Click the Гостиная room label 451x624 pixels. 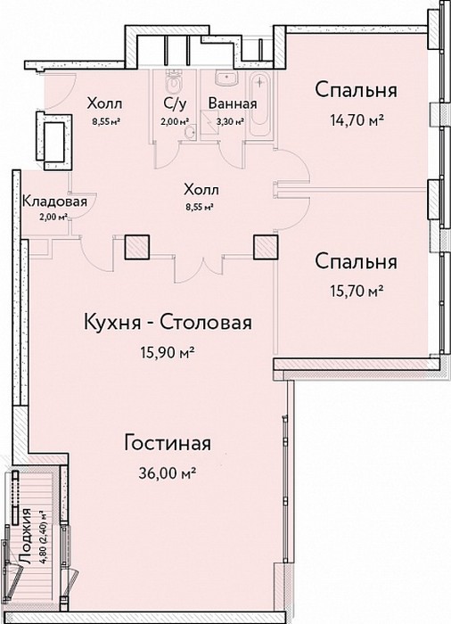click(168, 443)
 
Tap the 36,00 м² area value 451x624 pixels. click(168, 473)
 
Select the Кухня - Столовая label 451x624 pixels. click(168, 323)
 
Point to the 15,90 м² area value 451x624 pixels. click(168, 352)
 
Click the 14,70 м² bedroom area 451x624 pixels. click(357, 119)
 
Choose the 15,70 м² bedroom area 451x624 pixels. click(357, 291)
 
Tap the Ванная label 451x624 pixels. click(233, 103)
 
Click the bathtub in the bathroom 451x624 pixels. click(260, 100)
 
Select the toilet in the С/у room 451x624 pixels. click(174, 82)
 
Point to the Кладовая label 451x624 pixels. click(54, 201)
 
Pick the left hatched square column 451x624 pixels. click(137, 247)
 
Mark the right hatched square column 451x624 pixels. click(266, 247)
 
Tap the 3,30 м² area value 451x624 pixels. click(230, 121)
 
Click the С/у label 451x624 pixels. click(175, 103)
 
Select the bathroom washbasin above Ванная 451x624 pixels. click(226, 78)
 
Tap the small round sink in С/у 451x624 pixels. click(192, 132)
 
